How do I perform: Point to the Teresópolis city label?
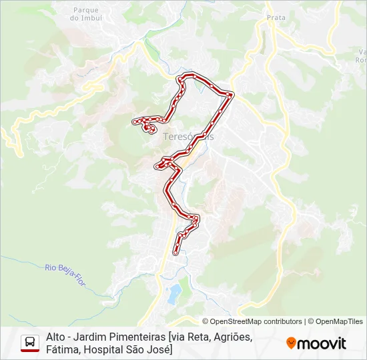click(x=188, y=135)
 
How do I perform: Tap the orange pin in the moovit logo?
click(x=291, y=343)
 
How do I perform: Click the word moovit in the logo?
click(x=322, y=343)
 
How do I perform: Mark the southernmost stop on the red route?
click(x=175, y=253)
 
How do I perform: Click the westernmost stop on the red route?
click(x=134, y=121)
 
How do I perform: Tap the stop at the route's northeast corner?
click(x=230, y=95)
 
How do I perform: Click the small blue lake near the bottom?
click(x=173, y=291)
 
